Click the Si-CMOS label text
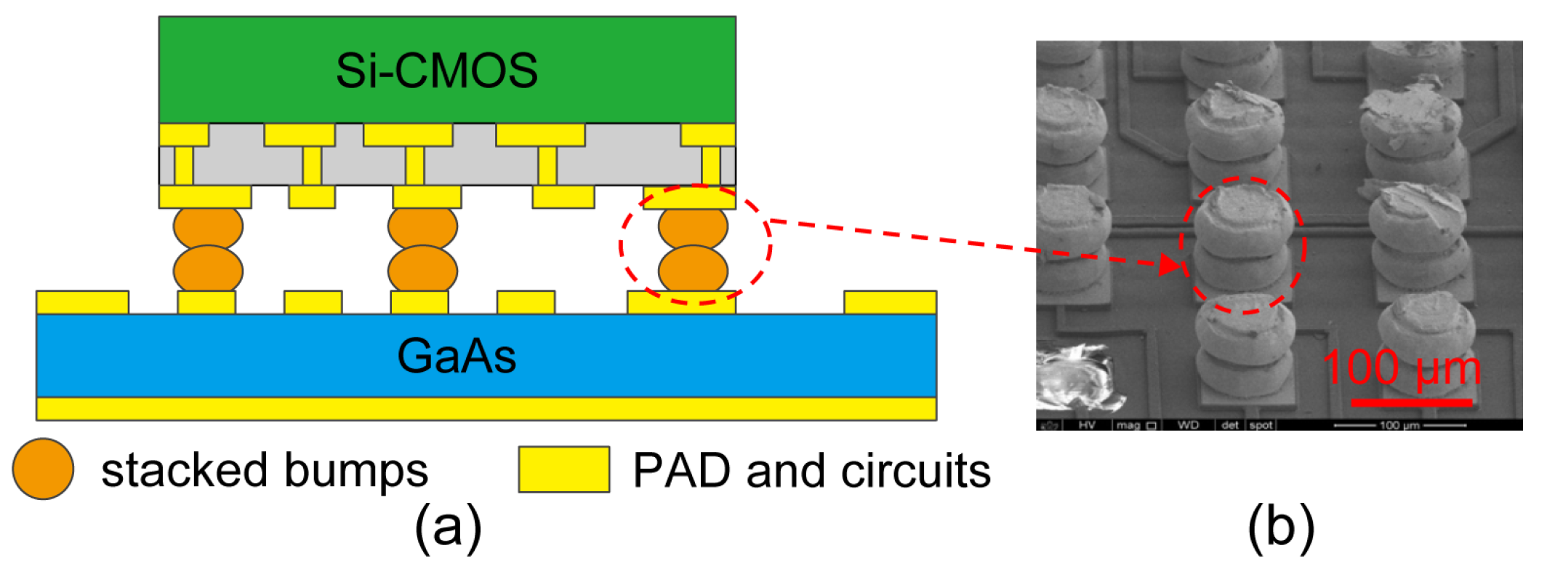436,71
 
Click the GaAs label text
457,356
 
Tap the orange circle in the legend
43,469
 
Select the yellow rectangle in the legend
563,469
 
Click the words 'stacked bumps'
265,470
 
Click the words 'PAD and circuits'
811,470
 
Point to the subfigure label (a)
448,527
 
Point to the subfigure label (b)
1281,527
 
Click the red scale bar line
1411,402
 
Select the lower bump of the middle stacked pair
422,269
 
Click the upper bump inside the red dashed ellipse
692,226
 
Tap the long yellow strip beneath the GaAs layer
486,408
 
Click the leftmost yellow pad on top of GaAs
82,302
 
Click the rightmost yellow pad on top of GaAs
890,302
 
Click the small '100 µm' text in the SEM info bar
1399,425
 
